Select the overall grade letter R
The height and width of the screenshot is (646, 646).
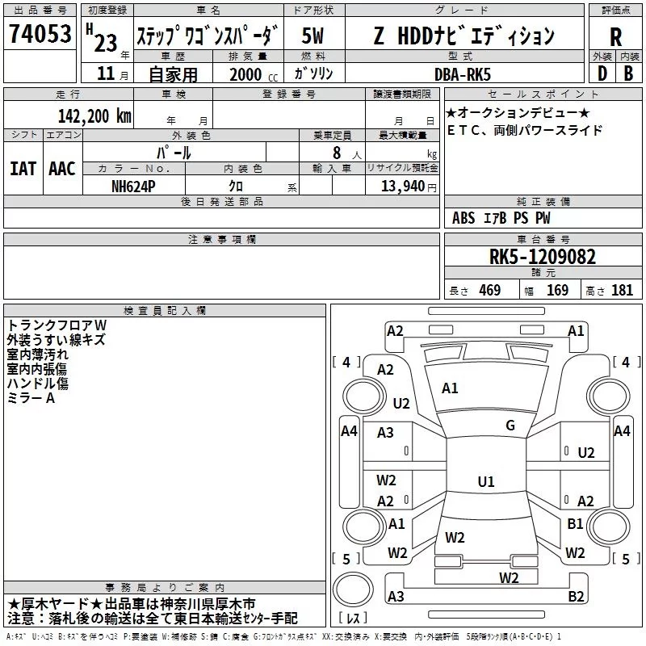(615, 36)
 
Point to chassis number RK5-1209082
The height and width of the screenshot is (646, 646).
(543, 257)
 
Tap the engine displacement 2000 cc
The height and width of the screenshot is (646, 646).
(248, 74)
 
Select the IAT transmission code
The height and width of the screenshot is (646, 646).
(23, 168)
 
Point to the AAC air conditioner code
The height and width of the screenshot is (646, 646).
(62, 168)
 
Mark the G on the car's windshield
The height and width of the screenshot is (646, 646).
(510, 426)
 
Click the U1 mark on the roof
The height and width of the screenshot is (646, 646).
(485, 482)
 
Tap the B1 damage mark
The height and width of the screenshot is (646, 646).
(575, 524)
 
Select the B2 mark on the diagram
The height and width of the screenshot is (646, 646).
(576, 597)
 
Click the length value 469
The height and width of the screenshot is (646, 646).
(489, 291)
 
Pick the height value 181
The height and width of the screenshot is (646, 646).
(623, 291)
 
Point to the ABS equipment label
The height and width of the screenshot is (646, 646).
(464, 218)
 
